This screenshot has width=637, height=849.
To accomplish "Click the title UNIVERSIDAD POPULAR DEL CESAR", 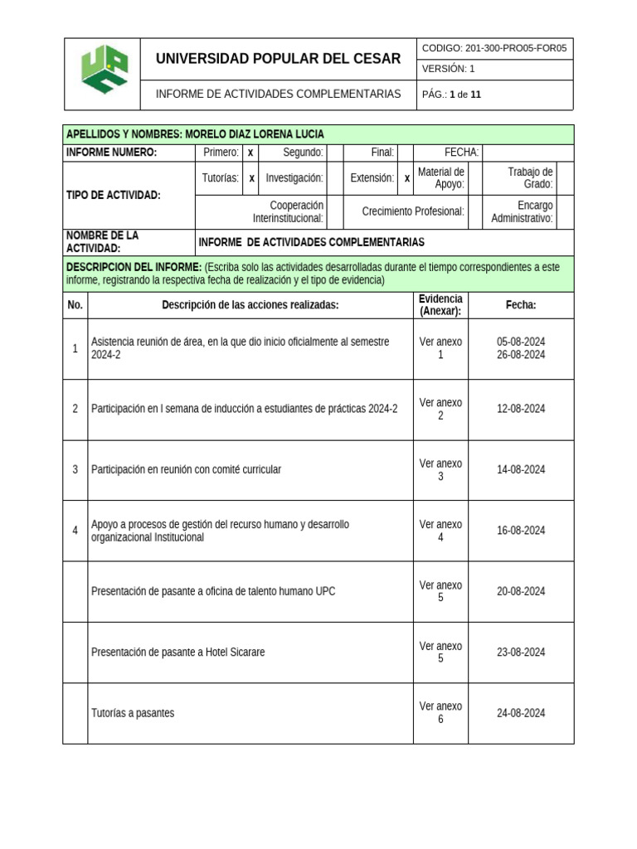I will [278, 59].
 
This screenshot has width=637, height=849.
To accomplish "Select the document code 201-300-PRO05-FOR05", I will [494, 48].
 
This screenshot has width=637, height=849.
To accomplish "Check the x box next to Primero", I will [250, 153].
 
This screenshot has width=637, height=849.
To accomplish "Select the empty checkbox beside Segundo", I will [335, 153].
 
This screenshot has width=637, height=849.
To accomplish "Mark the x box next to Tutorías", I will [251, 178].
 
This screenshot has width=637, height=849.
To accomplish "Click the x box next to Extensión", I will [406, 178].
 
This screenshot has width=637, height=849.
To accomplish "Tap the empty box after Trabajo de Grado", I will [564, 178].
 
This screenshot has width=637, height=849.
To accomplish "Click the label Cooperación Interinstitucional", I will [288, 212].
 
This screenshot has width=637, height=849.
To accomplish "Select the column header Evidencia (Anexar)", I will [440, 305].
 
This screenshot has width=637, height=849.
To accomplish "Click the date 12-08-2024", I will [521, 409].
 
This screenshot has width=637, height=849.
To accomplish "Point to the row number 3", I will [75, 470].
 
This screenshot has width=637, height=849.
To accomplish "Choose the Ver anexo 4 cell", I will [440, 531].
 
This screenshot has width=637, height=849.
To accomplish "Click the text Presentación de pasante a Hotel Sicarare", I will [178, 653].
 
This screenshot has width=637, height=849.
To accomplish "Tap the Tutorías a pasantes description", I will [133, 713].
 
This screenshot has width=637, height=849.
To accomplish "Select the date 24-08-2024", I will [521, 713].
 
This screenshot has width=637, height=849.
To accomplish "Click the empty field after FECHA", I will [528, 153].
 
